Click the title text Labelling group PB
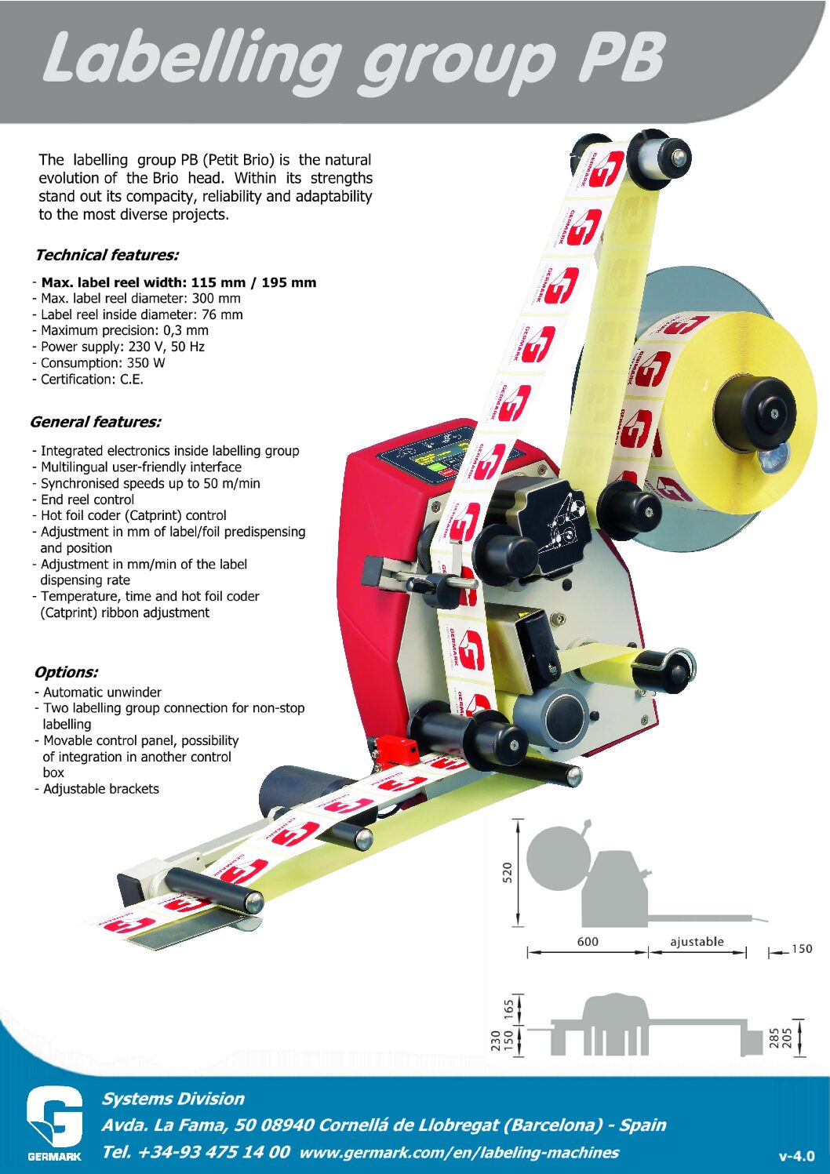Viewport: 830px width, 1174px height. click(x=353, y=59)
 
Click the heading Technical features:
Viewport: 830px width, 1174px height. click(x=107, y=255)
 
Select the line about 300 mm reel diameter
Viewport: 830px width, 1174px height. click(x=140, y=298)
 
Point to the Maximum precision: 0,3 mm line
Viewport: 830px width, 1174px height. click(x=124, y=330)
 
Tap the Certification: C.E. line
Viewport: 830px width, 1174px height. click(x=92, y=379)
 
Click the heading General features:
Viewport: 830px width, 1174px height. click(x=96, y=422)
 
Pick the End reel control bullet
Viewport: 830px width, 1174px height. click(x=87, y=500)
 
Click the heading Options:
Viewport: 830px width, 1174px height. click(x=66, y=672)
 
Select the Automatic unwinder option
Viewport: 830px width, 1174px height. click(x=102, y=692)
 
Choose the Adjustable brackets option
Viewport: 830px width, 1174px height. click(x=100, y=789)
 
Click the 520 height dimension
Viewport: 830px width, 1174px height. click(x=507, y=872)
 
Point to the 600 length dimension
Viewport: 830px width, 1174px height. click(x=588, y=941)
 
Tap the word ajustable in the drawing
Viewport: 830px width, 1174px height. click(x=697, y=941)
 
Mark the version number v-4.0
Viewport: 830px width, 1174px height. click(x=796, y=1156)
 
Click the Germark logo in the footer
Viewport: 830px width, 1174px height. click(x=54, y=1123)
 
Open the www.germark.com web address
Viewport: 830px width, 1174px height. click(x=459, y=1152)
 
